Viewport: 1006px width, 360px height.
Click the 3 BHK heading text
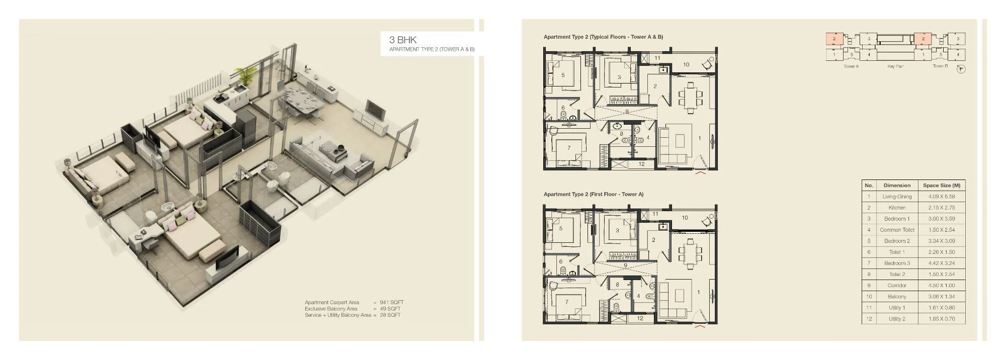coord(403,40)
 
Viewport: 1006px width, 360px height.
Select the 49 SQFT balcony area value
coord(390,309)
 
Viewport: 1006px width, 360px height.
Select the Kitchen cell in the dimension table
coord(896,208)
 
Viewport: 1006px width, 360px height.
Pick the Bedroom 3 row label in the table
coord(896,263)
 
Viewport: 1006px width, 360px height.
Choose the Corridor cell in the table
coord(896,286)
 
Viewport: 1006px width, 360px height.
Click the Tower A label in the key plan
coord(851,66)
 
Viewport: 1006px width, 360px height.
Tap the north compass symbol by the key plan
coord(961,69)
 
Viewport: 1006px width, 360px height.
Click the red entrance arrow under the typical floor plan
coord(700,173)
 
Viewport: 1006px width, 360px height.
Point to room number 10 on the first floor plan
coord(685,218)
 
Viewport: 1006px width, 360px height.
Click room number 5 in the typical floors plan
coord(563,75)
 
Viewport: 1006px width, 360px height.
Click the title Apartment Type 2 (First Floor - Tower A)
coord(593,194)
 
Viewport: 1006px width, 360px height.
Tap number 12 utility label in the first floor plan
coord(640,318)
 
